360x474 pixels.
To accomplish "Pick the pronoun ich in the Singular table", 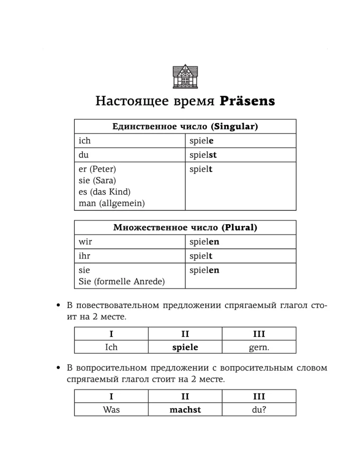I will pos(84,141).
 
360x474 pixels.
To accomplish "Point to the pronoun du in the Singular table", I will pos(83,155).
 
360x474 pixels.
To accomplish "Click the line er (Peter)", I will pos(97,169).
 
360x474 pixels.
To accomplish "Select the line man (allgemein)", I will pos(112,203).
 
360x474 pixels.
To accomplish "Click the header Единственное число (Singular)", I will pos(185,127).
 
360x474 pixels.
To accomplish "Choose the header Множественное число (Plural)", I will pos(185,228).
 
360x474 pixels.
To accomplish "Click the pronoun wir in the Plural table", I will pos(85,242).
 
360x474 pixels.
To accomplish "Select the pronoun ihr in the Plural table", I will pos(84,256).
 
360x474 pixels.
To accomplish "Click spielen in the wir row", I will pos(204,242).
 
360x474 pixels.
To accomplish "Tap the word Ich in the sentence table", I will pos(111,347).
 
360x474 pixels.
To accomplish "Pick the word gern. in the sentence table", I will pos(259,347).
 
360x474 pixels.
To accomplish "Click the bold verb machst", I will pos(185,410).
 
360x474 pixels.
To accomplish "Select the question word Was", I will pos(111,410).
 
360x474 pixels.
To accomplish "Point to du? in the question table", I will pos(259,410).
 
